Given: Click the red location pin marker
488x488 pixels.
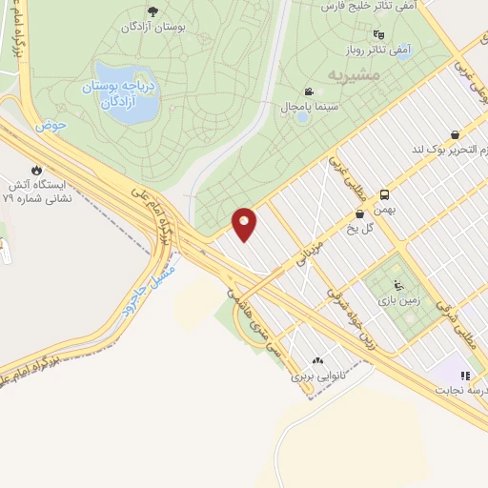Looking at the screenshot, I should click(x=245, y=224).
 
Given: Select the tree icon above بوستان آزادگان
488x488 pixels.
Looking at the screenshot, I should click(x=152, y=11).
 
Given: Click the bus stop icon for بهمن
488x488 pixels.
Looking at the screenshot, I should click(x=385, y=193).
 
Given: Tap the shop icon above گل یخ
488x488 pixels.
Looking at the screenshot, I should click(x=358, y=214).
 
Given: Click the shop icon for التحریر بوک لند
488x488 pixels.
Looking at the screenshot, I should click(x=455, y=134).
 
